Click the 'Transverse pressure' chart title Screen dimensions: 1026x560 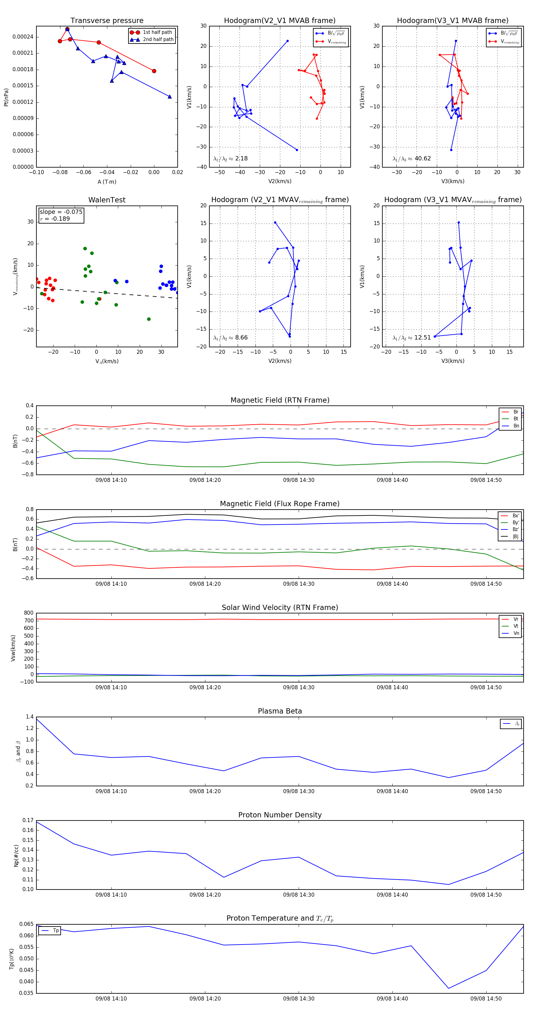tap(107, 21)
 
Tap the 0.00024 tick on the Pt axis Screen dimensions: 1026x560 tap(23, 37)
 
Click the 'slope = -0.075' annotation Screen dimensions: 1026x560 tap(61, 212)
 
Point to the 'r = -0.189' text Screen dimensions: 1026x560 tap(55, 219)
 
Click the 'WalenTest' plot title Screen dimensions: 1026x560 tap(107, 200)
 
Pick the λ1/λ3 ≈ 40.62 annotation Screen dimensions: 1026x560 tap(411, 159)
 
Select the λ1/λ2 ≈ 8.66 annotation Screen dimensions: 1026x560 tap(230, 338)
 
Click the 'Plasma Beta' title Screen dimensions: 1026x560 tap(280, 711)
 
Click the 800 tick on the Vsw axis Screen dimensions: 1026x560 tap(28, 613)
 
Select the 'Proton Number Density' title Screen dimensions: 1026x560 tap(280, 815)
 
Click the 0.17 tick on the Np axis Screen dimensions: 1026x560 tap(28, 820)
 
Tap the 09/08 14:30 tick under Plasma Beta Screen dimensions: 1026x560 tap(299, 791)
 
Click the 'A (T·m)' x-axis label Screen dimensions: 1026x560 tap(107, 182)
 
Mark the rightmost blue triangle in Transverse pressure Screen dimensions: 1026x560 tap(170, 96)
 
